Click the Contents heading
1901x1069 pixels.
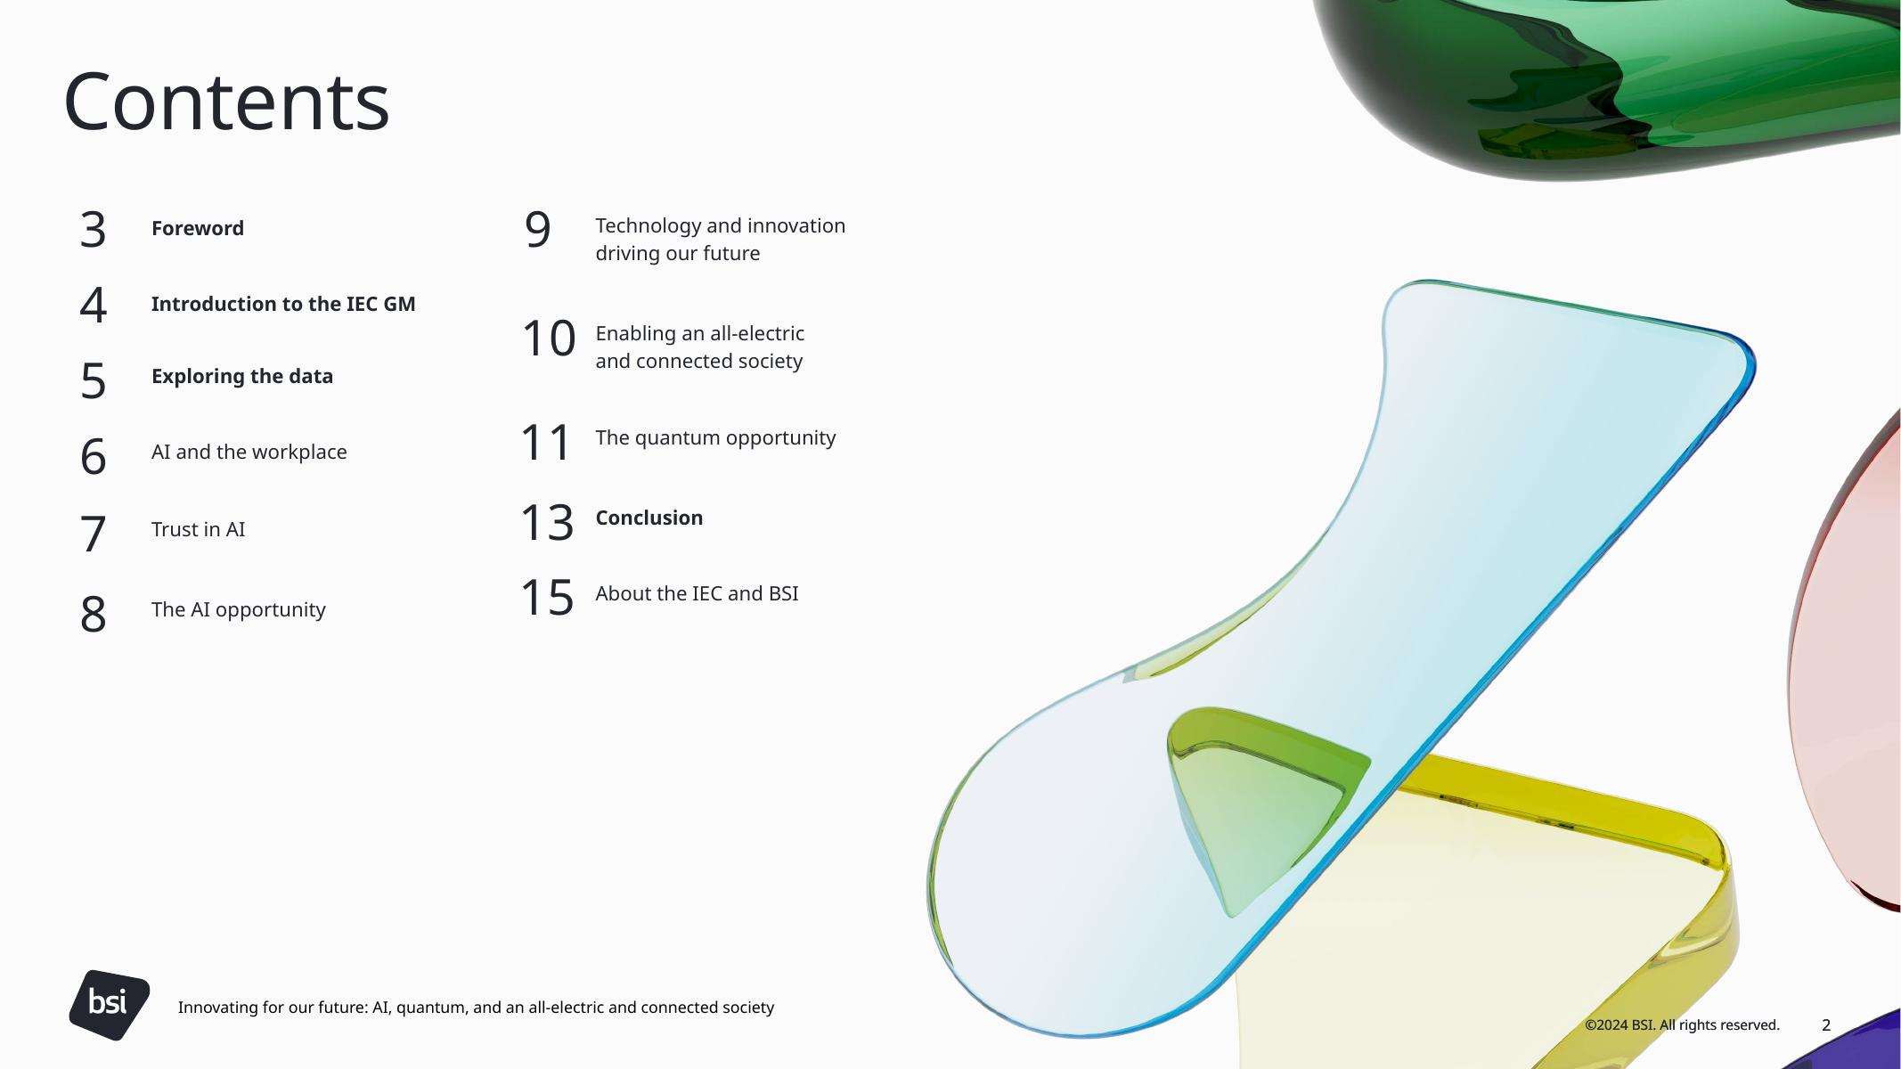226,102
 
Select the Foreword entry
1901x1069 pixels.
198,228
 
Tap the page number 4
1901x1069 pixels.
94,305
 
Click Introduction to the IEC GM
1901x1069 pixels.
283,304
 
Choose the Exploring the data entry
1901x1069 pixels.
242,376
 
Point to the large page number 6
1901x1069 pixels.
94,457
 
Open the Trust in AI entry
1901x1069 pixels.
198,529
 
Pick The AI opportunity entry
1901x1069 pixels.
239,609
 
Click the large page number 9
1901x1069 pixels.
538,229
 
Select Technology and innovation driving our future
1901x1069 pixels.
721,240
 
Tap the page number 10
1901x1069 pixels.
549,339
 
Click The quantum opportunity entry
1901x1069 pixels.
715,438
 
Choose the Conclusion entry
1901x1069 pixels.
649,518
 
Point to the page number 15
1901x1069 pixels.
547,597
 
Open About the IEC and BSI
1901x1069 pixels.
697,593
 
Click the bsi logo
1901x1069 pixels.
109,1005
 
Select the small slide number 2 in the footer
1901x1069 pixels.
1826,1025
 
